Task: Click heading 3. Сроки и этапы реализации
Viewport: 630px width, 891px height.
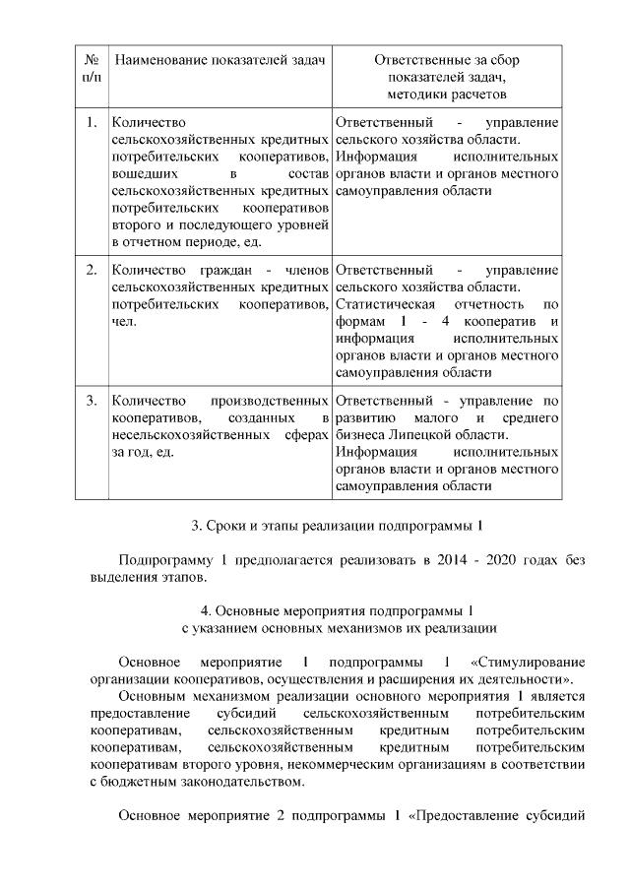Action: pyautogui.click(x=338, y=524)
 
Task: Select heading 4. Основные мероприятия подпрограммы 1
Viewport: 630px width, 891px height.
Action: pyautogui.click(x=338, y=607)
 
